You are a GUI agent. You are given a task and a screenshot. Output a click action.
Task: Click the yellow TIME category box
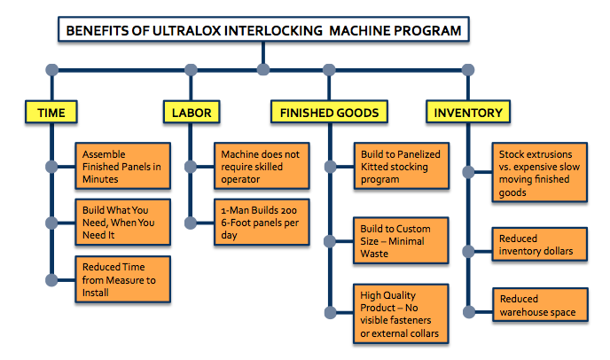pos(51,112)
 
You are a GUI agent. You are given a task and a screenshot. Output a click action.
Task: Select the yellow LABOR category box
pos(192,112)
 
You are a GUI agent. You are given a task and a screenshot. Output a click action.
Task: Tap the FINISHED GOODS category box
pos(329,112)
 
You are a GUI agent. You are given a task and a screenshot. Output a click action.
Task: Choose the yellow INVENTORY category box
pos(468,112)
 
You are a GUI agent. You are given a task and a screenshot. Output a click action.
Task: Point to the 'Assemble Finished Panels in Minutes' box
pos(123,166)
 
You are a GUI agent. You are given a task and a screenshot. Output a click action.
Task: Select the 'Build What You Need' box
pos(123,223)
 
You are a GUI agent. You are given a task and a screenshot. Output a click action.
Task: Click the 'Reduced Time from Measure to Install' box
pos(123,279)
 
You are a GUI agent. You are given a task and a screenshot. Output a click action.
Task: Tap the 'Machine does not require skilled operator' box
pos(262,166)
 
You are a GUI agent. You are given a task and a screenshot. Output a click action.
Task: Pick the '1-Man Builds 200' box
pos(262,223)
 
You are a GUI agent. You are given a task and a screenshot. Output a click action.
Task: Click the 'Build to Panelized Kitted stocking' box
pos(402,166)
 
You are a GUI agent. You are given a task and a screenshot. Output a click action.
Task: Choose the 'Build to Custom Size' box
pos(401,241)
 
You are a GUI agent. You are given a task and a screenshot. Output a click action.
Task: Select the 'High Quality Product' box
pos(401,314)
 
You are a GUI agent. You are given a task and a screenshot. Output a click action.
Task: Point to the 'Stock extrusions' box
pos(540,172)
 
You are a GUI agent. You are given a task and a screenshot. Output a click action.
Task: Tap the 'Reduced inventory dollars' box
pos(540,245)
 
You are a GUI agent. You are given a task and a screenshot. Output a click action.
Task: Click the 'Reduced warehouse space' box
pos(540,305)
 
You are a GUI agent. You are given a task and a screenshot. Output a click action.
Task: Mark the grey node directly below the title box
pos(263,70)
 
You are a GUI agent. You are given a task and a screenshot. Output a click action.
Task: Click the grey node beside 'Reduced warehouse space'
pos(469,312)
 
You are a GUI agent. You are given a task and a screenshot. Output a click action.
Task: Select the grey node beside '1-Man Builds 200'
pos(191,223)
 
